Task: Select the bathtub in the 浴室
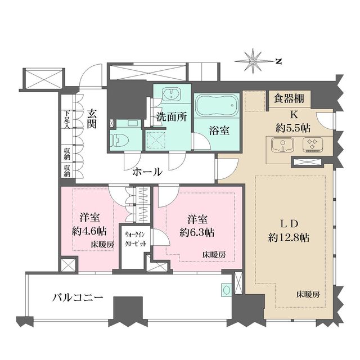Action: point(217,106)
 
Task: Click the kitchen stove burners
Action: point(312,146)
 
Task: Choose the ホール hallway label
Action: point(147,172)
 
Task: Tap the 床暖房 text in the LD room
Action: point(308,295)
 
